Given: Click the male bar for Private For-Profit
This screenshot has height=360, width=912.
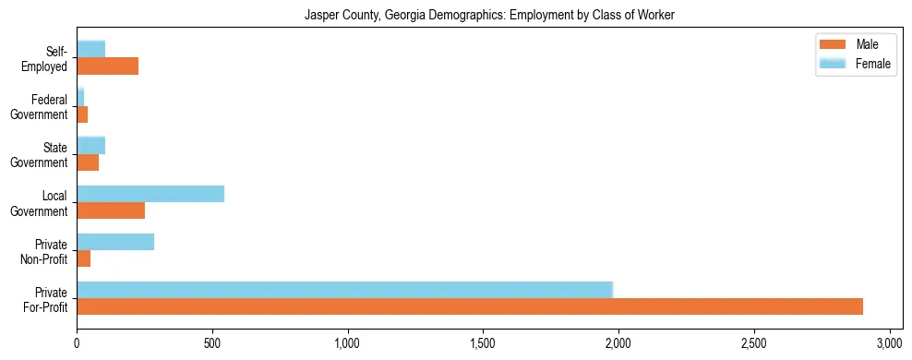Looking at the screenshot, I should coord(470,306).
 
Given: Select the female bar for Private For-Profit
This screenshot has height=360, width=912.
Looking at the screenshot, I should coord(344,289).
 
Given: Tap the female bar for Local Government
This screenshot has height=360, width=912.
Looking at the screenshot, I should coord(150,193).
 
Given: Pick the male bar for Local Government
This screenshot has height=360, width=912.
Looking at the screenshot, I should coord(111,210).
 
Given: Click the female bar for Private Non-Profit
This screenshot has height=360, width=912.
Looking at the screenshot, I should coord(115,242).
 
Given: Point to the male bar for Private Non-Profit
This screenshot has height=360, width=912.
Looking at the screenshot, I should coord(84,258).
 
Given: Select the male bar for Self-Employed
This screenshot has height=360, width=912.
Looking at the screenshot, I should coord(107,66).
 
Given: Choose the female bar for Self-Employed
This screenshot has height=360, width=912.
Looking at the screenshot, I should coord(90,49).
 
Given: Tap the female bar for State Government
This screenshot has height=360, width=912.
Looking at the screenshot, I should coord(90,145).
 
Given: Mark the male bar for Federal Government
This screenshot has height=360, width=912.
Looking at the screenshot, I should coord(82,114).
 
